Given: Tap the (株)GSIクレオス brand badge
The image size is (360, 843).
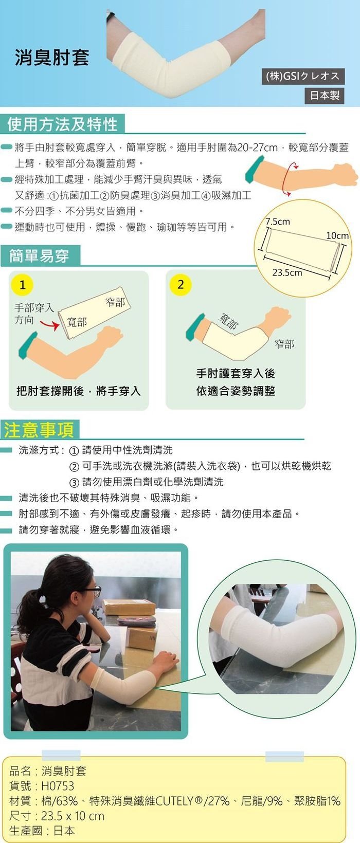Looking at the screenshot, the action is click(303, 77).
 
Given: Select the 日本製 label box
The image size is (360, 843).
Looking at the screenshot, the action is click(325, 95).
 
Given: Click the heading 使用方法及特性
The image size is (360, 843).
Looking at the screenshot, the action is click(63, 124).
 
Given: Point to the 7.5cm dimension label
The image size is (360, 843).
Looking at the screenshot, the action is click(278, 222).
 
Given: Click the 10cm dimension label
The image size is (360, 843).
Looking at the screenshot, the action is click(337, 235).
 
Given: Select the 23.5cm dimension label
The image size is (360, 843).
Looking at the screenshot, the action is click(287, 272).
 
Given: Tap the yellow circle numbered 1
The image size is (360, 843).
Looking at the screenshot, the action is click(22, 285).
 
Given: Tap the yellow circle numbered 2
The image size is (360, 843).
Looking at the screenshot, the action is click(181, 285).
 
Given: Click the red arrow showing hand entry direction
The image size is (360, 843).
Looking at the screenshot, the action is click(50, 324).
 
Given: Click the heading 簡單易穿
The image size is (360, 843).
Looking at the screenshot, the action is click(40, 256).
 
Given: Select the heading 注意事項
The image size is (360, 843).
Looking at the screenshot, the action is click(39, 430).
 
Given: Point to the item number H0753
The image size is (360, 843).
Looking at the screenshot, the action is click(58, 786).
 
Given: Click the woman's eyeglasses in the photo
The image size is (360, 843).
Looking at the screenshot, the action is click(93, 590).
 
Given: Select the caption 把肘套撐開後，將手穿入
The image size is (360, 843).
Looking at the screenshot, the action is click(78, 391).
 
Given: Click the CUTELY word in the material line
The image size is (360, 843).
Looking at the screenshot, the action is click(174, 801).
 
